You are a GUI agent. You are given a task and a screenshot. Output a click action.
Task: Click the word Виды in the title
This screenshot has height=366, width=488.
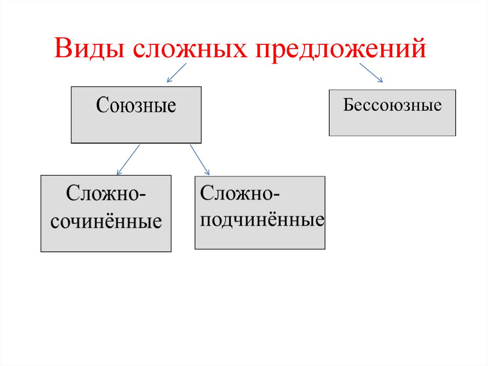[89, 49]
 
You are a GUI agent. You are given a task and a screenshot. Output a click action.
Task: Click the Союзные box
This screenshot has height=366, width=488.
[136, 115]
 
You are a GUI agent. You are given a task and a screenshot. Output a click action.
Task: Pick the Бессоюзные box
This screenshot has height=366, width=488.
[392, 113]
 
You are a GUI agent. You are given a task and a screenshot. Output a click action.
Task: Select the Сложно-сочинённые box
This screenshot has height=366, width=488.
[106, 213]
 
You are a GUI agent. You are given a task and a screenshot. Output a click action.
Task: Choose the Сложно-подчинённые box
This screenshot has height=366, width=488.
[260, 213]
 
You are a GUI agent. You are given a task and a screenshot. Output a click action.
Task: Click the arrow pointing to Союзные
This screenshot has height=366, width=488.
[176, 73]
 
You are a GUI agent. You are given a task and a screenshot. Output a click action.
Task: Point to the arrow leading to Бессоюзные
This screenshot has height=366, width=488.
[371, 73]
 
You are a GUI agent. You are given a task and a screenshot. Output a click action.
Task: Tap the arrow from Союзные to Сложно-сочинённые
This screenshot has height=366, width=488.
[128, 159]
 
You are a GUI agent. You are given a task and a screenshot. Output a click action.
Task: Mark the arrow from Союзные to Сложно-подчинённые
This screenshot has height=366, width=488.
[200, 159]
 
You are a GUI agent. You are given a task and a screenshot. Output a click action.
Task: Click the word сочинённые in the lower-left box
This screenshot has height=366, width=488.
[106, 222]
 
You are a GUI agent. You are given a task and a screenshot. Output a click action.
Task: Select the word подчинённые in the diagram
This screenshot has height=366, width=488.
[262, 220]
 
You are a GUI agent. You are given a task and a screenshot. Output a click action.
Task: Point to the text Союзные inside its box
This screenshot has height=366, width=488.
[136, 105]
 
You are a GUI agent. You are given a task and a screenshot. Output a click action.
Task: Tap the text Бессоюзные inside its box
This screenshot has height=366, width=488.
[392, 105]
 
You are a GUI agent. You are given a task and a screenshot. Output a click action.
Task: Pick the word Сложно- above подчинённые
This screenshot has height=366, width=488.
[240, 193]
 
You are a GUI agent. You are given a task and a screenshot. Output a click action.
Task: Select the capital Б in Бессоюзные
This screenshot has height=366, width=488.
[347, 105]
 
